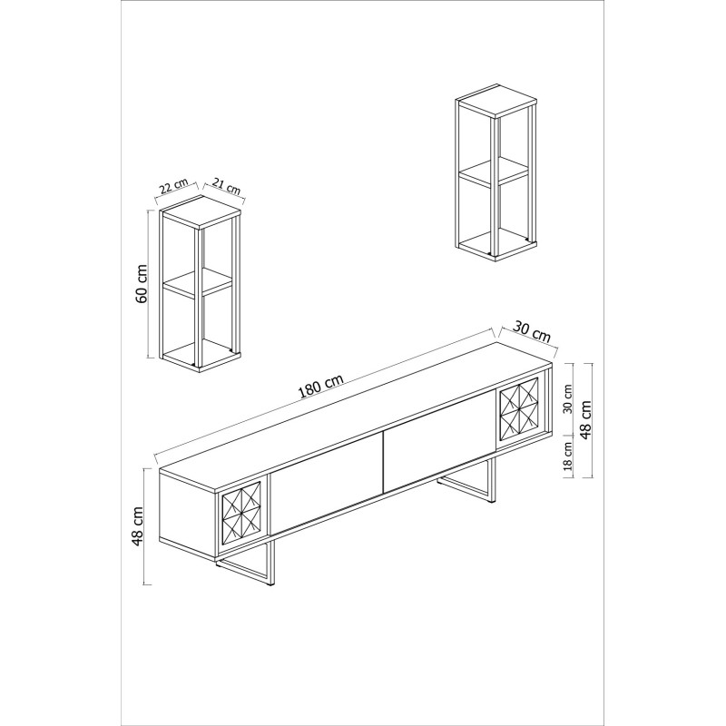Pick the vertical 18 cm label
click(x=567, y=457)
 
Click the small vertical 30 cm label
click(x=567, y=399)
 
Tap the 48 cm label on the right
click(x=588, y=420)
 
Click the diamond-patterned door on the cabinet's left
click(x=242, y=515)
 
